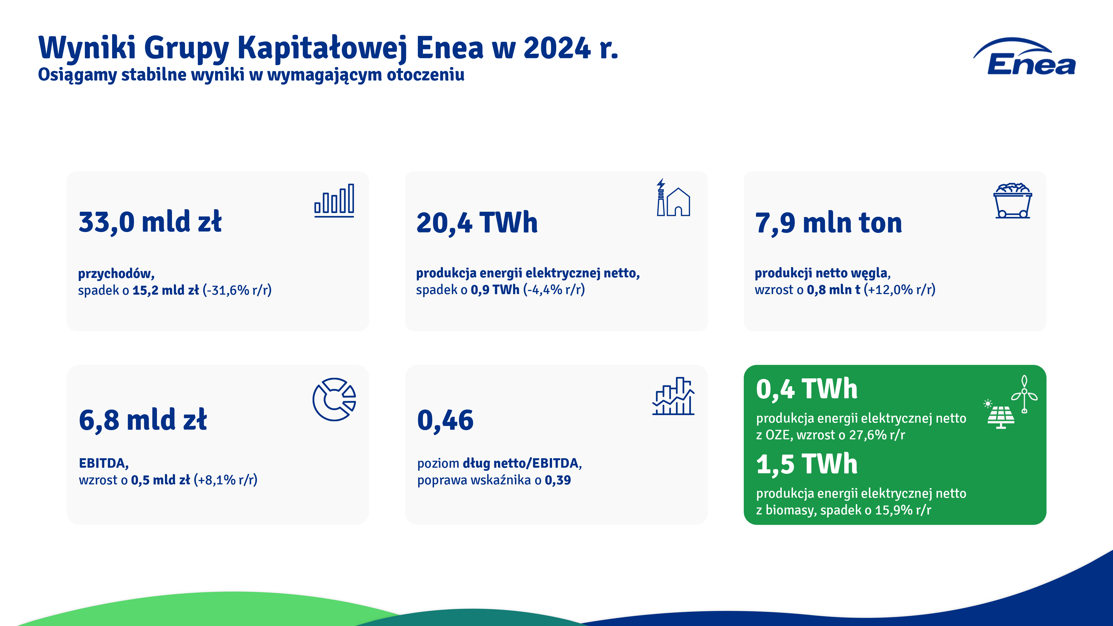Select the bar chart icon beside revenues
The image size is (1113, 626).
[334, 200]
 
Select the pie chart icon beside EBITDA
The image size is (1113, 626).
[334, 400]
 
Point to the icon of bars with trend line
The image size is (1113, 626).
[673, 396]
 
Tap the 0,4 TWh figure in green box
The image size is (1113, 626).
[807, 389]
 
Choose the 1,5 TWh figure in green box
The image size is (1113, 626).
[807, 464]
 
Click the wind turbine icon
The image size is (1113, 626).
[1024, 394]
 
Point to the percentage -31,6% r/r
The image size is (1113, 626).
[237, 290]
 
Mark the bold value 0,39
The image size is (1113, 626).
[558, 480]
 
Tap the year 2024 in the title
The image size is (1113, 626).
[557, 48]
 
